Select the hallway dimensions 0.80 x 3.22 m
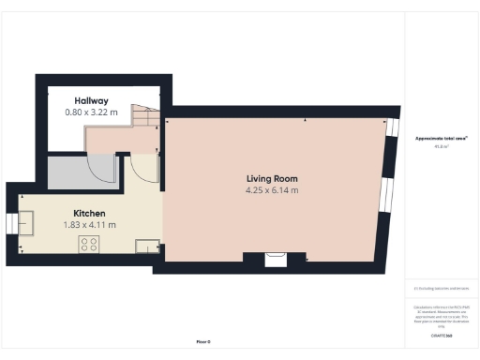91,112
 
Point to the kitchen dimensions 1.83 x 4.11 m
90,225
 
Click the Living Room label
272,178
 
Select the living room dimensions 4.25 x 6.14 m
272,190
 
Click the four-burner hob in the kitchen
90,244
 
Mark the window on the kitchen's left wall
12,223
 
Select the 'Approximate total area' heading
441,138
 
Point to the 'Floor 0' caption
203,342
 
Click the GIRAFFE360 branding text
441,335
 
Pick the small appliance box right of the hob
147,247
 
